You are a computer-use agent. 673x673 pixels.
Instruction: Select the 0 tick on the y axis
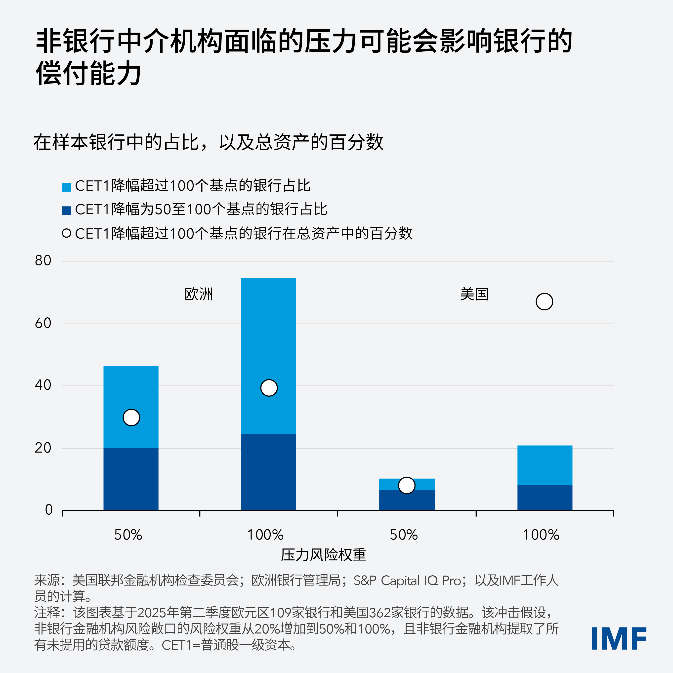click(49, 510)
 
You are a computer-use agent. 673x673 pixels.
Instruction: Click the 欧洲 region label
click(199, 294)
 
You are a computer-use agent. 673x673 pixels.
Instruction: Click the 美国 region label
click(474, 294)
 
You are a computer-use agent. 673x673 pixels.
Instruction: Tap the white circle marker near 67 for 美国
click(544, 302)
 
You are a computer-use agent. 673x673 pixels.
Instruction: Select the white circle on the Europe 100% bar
click(269, 388)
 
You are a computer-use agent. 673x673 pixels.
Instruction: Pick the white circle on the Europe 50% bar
click(131, 417)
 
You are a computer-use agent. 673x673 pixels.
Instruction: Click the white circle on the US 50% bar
click(407, 485)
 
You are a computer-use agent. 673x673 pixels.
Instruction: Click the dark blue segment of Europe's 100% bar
click(269, 472)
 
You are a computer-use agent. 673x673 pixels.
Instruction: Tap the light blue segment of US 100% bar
click(545, 465)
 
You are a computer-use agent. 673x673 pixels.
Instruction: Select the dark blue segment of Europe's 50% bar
click(131, 479)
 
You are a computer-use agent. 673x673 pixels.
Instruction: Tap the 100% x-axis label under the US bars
click(541, 535)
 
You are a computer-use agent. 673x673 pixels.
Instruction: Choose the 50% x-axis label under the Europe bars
click(128, 535)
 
